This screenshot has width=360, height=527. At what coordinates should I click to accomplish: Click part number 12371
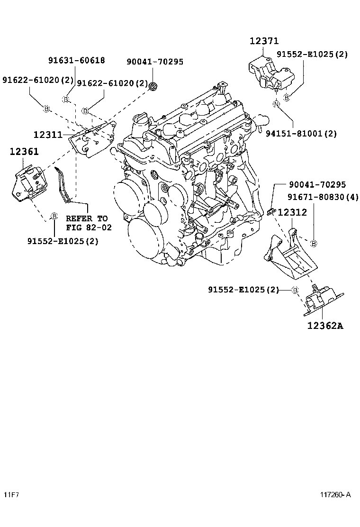click(264, 41)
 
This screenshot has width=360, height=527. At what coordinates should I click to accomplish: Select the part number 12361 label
click(24, 152)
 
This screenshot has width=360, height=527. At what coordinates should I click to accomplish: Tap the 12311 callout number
click(48, 135)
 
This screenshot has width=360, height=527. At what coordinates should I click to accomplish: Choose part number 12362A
click(325, 326)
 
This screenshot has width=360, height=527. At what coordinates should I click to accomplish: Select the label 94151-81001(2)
click(307, 134)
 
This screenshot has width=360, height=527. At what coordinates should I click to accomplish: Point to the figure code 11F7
click(12, 495)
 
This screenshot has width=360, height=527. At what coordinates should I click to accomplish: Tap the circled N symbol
click(276, 104)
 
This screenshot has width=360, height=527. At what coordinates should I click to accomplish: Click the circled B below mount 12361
click(54, 216)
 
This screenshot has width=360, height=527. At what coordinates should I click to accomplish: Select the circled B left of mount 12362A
click(294, 290)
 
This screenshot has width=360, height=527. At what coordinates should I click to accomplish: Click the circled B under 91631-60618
click(66, 99)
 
